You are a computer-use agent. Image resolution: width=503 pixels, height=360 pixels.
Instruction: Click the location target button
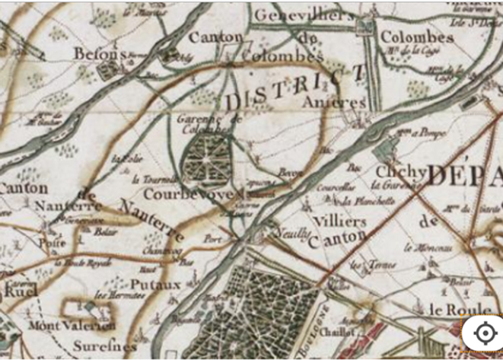click(x=483, y=333)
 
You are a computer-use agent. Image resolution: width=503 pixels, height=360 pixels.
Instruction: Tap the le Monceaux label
click(x=428, y=248)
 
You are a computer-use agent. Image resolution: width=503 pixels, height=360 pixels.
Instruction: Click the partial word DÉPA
click(x=464, y=175)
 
